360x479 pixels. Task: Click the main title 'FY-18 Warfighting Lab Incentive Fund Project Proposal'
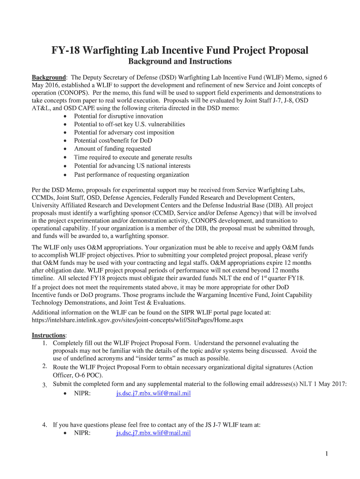coord(180,50)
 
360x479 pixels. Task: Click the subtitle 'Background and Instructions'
coord(180,62)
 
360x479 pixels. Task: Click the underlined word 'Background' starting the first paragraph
coord(48,77)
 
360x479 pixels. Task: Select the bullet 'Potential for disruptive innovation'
coord(118,116)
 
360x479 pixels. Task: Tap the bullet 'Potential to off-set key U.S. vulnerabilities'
coord(129,124)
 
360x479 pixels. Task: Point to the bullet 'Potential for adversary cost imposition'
coord(124,132)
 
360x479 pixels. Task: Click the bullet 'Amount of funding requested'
coord(112,149)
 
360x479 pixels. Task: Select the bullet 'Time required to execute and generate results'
coord(133,158)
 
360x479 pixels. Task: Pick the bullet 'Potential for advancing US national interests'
coord(132,166)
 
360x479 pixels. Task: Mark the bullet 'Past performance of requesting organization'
coord(131,175)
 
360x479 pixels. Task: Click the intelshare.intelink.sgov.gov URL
coord(137,320)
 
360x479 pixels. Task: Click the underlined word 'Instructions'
coord(49,335)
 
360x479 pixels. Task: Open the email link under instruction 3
coord(153,394)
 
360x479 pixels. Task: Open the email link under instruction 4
coord(153,433)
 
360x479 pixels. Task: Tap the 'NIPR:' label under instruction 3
coord(82,394)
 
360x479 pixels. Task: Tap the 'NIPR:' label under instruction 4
coord(82,433)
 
